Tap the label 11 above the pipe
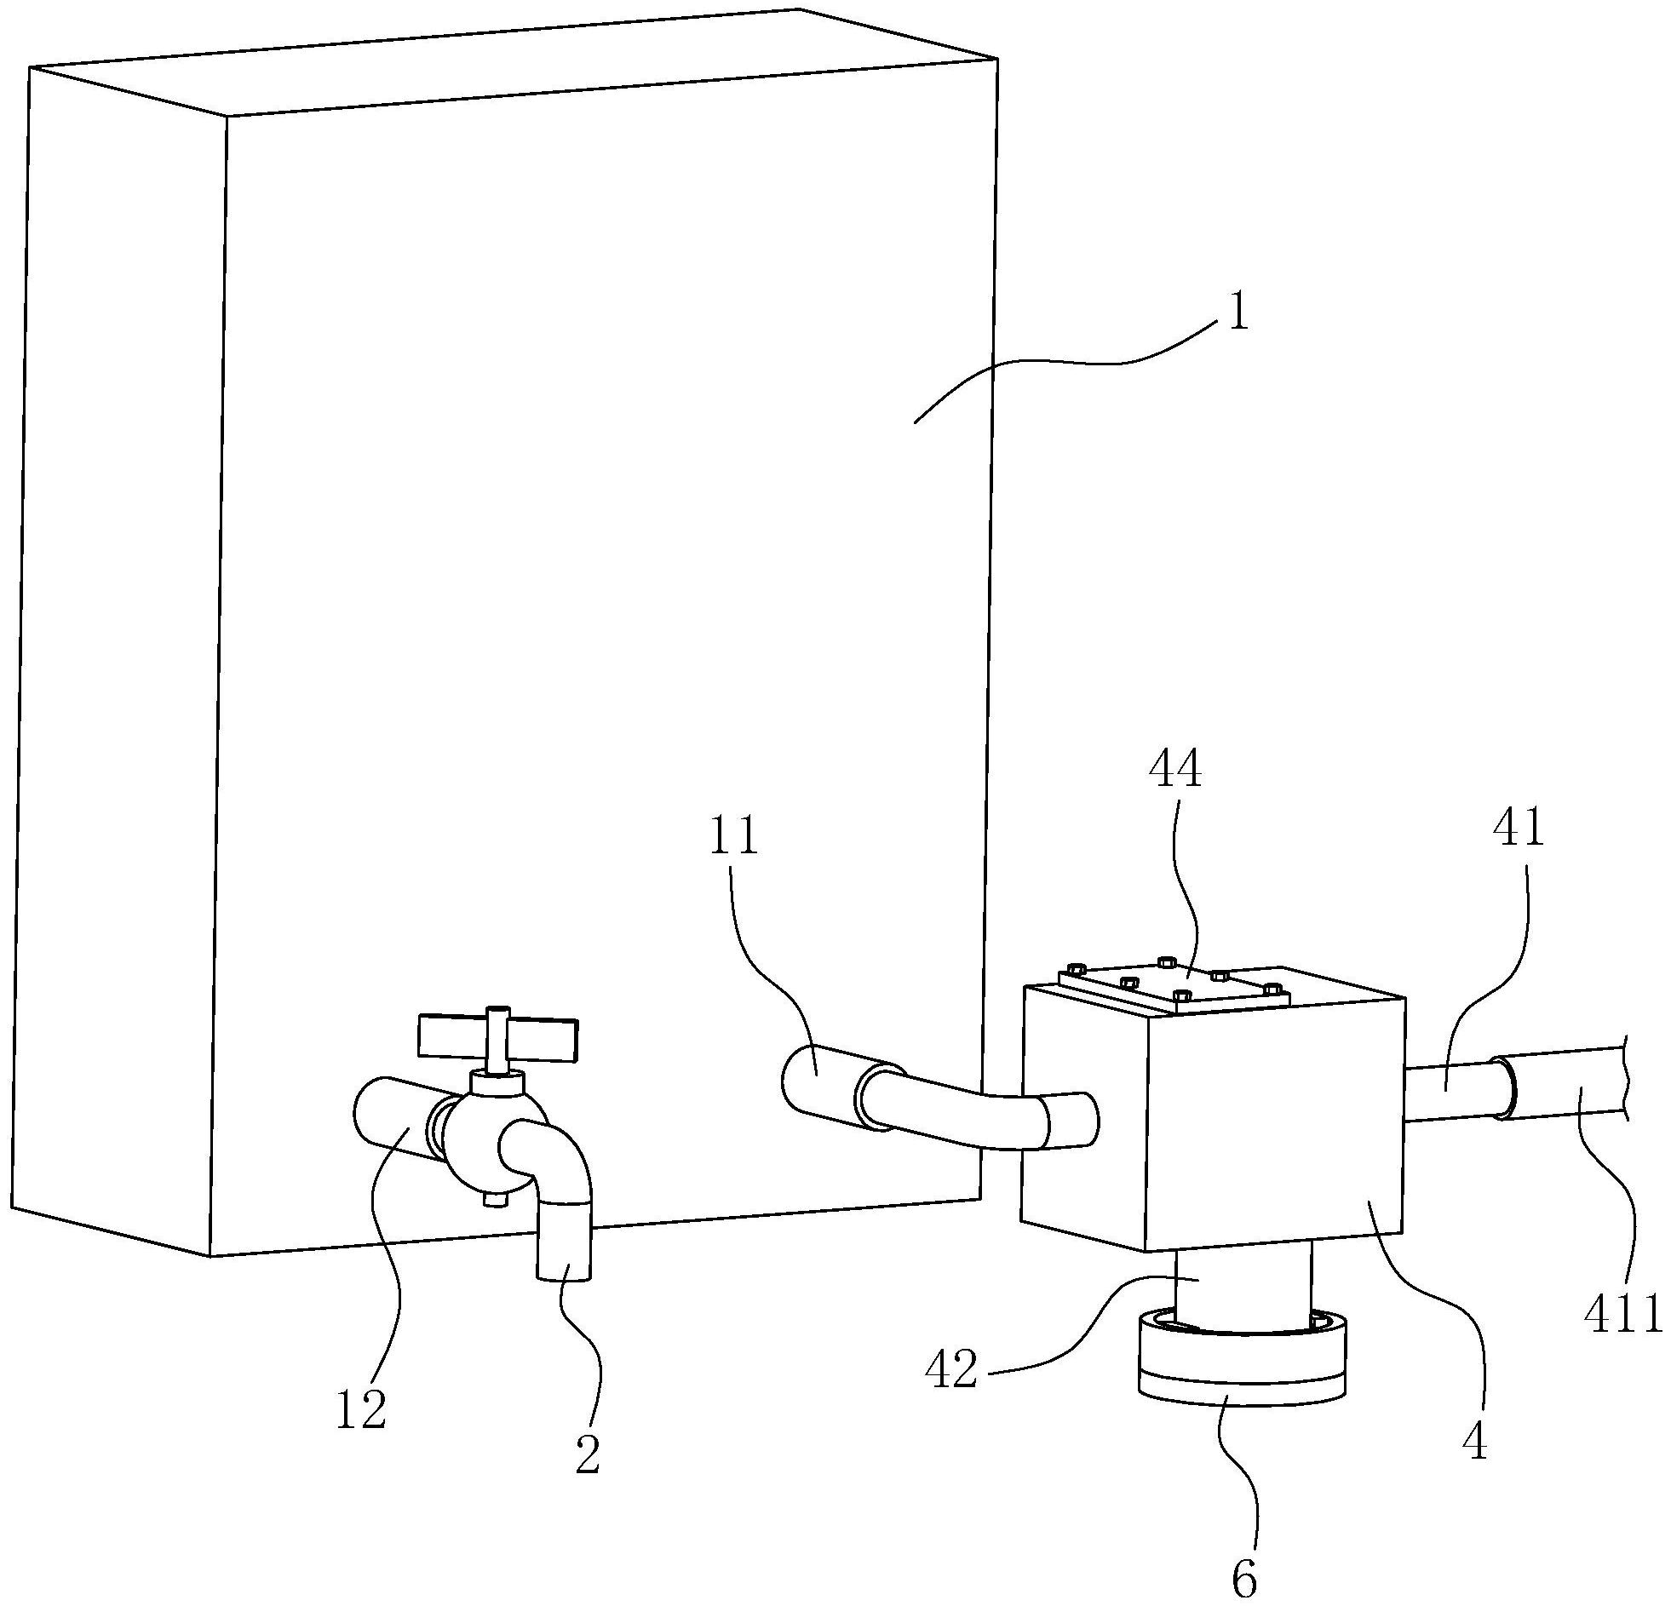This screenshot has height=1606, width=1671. pos(733,837)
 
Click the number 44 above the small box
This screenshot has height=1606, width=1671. pos(1174,771)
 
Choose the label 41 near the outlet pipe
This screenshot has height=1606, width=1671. pos(1519,829)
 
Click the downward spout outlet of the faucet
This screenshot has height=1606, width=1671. pos(565,1245)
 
